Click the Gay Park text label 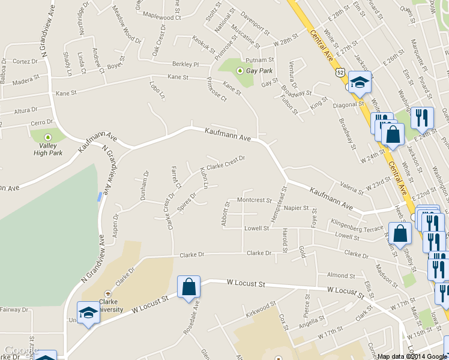coord(259,71)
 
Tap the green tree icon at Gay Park coord(240,71)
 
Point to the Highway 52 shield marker coord(339,72)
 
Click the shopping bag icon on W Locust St coord(189,288)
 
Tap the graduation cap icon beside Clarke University coord(88,313)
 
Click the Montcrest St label coord(255,200)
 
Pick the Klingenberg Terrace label coord(357,229)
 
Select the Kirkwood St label coord(261,310)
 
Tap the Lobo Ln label coord(157,90)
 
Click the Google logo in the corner coord(21,350)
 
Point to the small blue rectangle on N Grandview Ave coord(99,196)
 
